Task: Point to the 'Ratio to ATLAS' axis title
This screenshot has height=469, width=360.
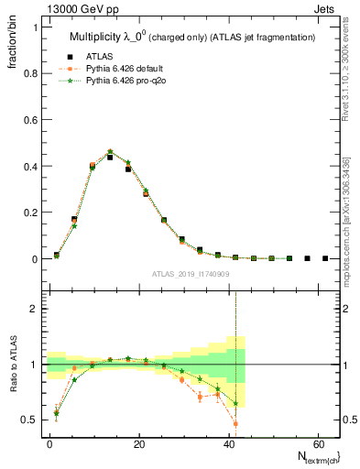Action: click(x=16, y=365)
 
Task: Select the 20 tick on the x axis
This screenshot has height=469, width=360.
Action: click(x=138, y=443)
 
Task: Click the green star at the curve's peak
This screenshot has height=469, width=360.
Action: click(x=110, y=151)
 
